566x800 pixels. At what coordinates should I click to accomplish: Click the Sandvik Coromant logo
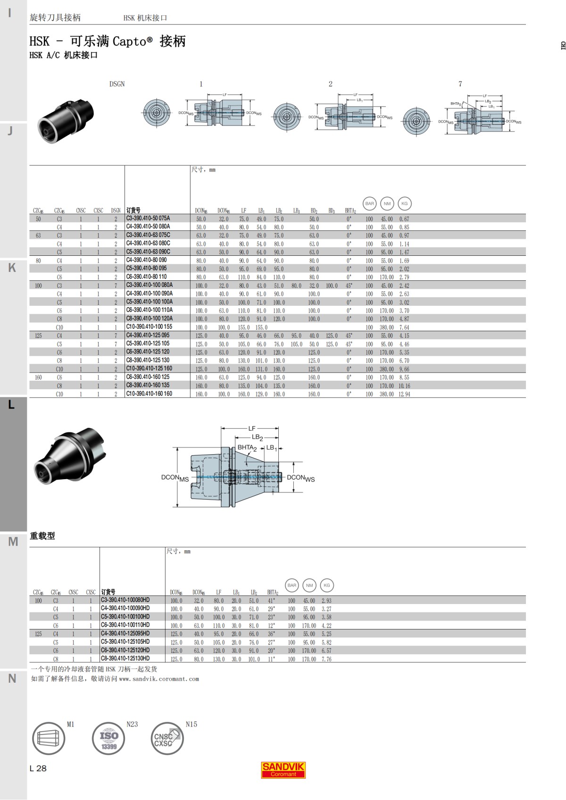[x=283, y=769]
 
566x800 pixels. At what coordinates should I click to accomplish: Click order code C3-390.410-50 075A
[x=148, y=219]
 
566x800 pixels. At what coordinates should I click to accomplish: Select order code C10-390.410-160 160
[x=149, y=394]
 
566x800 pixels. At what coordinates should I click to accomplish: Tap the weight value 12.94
[x=404, y=394]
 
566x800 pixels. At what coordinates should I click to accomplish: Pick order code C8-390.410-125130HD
[x=125, y=659]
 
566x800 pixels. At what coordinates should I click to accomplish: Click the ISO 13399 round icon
[x=108, y=738]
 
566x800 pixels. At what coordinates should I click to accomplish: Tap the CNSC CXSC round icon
[x=167, y=738]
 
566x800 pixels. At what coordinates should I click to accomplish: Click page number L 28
[x=38, y=768]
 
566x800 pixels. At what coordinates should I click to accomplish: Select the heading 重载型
[x=42, y=536]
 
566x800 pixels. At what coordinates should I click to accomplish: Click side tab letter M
[x=13, y=542]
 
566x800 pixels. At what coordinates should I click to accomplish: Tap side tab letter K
[x=12, y=268]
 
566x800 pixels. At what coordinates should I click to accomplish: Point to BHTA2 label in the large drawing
[x=247, y=448]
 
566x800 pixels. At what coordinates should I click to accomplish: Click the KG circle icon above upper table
[x=404, y=204]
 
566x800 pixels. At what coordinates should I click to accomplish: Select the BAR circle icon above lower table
[x=292, y=585]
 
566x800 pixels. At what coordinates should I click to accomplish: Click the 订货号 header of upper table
[x=133, y=211]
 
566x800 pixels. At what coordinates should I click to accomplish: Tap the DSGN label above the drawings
[x=117, y=84]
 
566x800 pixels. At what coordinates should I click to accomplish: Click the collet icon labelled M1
[x=49, y=738]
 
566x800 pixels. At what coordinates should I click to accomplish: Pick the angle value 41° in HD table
[x=271, y=601]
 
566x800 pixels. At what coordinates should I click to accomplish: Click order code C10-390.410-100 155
[x=149, y=327]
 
